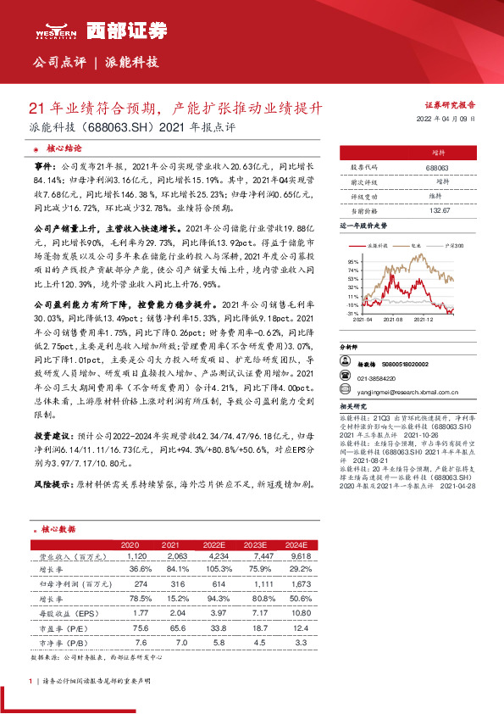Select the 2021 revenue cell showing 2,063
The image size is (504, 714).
tap(169, 556)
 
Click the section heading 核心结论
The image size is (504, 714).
tap(64, 148)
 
